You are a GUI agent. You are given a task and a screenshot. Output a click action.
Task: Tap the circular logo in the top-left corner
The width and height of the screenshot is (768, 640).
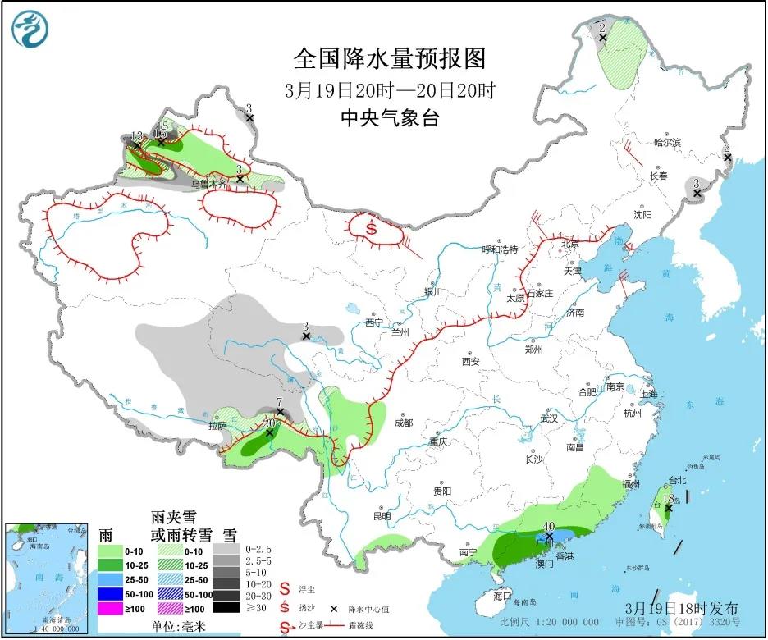click(30, 30)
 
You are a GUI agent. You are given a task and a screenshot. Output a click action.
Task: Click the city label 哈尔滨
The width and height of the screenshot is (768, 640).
click(667, 142)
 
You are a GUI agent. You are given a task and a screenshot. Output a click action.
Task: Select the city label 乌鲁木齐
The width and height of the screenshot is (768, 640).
click(209, 185)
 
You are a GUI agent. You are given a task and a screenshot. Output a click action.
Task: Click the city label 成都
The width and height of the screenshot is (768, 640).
click(403, 423)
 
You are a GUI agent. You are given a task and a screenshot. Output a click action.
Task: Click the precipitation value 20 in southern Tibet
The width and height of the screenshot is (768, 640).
click(268, 423)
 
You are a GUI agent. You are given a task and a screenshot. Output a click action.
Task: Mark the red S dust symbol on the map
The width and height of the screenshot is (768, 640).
click(372, 229)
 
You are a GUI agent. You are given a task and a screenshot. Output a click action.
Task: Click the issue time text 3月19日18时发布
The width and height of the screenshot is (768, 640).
click(681, 609)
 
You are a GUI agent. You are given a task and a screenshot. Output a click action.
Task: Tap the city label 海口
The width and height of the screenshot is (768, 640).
click(502, 596)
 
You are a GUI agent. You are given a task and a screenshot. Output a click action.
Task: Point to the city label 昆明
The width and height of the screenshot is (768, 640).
click(382, 517)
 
